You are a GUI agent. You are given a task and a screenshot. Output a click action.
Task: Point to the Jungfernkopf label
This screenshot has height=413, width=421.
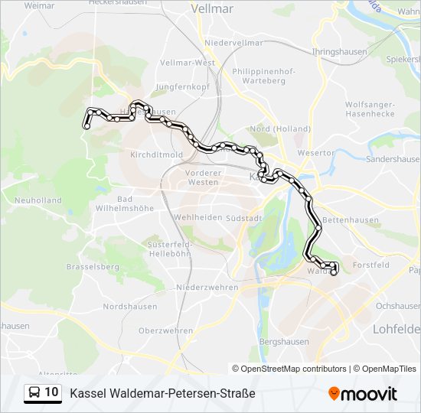182,87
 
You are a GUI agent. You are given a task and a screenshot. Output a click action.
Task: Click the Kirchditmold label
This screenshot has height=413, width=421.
156,154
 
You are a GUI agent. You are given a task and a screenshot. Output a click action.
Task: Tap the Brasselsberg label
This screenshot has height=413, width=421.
93,268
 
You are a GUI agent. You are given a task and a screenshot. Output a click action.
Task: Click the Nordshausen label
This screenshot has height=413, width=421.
130,307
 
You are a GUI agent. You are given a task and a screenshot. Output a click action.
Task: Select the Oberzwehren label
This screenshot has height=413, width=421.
166,330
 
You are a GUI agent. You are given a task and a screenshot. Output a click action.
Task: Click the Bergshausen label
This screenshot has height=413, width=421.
284,341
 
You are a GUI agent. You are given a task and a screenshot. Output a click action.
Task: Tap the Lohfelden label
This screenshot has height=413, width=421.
397,329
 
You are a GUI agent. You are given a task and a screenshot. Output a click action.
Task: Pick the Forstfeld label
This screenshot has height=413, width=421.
371,265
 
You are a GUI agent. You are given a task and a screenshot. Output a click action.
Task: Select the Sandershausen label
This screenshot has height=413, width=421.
393,160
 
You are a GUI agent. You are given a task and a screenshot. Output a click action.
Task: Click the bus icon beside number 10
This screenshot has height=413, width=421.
34,392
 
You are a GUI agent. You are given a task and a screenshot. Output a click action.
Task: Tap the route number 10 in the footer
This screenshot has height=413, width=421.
51,392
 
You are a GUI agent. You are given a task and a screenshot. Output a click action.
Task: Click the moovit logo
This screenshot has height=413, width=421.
363,394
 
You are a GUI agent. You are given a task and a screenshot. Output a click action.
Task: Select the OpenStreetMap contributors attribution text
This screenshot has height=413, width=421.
289,369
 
